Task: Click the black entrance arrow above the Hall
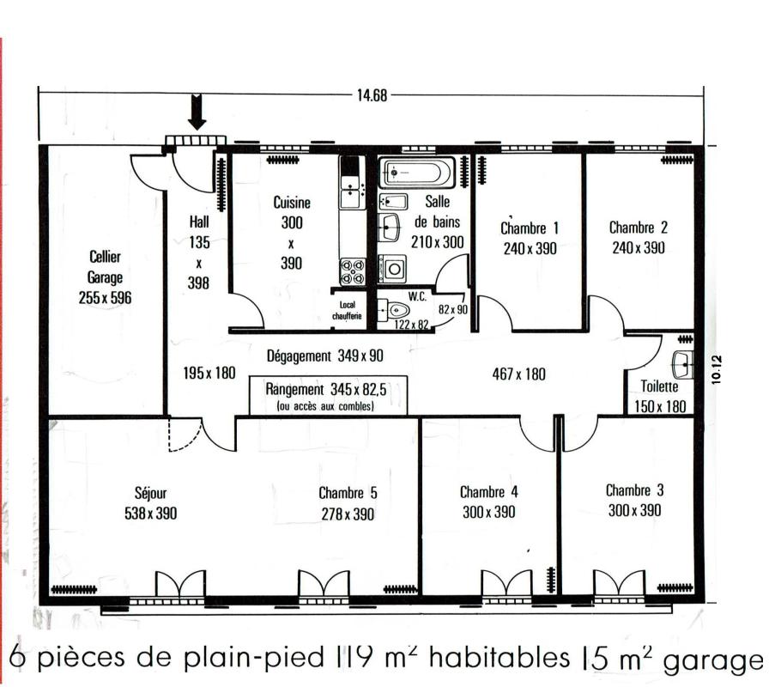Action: (197, 112)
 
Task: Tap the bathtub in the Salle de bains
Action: (417, 173)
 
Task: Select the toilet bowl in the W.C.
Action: (395, 311)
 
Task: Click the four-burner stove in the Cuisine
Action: (353, 272)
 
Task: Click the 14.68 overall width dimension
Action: (372, 95)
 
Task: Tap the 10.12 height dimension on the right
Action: (717, 369)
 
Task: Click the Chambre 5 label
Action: (348, 493)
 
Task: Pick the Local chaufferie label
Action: (348, 310)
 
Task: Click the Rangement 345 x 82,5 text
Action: (326, 389)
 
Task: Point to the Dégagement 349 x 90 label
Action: (324, 356)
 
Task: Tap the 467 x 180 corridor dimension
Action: (518, 374)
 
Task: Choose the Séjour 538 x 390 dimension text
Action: (150, 513)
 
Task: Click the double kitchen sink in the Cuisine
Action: (353, 192)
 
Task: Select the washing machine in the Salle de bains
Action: (392, 269)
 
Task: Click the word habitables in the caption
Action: (499, 657)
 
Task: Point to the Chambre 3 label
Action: (634, 490)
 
